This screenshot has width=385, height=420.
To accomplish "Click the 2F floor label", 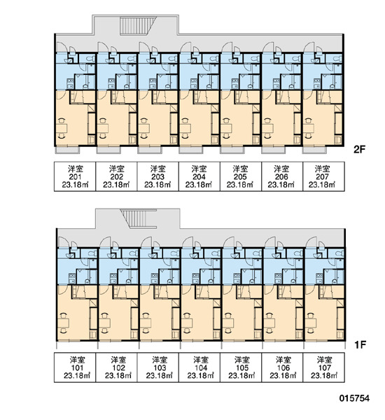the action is tap(359, 150).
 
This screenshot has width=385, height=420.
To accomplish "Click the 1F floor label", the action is tap(360, 344).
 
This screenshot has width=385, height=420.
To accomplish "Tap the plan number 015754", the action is tap(354, 398).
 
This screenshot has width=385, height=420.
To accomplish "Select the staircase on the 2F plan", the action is tap(138, 26).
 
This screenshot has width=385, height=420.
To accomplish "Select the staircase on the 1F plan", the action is tap(139, 219).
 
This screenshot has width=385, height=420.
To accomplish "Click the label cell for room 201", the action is tap(75, 176).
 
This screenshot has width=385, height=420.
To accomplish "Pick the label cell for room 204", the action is tap(199, 176).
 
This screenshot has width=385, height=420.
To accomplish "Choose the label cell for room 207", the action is tap(323, 176).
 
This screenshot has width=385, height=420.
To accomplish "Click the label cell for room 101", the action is tap(75, 367).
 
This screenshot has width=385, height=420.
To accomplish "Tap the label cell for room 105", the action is tap(241, 367).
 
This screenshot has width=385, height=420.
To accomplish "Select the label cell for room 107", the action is tap(323, 367).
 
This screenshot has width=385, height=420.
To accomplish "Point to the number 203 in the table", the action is tap(157, 177).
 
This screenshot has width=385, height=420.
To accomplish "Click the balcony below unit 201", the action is tap(67, 150).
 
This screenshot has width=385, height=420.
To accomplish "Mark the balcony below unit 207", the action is tap(314, 150).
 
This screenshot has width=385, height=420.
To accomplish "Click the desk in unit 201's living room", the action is tap(62, 128).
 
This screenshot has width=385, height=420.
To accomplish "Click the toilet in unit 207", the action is tap(338, 58).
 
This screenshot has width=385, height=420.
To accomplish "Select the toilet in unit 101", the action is tap(92, 253).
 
